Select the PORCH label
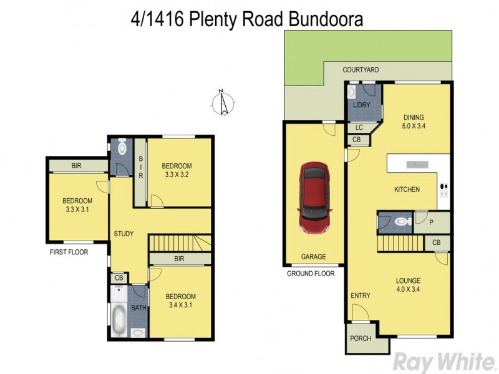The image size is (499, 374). [361, 338]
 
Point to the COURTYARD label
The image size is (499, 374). [361, 70]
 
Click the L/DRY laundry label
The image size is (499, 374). [361, 105]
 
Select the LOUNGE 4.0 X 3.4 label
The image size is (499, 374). [407, 285]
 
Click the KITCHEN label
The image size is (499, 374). [407, 189]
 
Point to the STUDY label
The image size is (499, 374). [124, 234]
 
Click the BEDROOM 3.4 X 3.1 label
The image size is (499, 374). [180, 300]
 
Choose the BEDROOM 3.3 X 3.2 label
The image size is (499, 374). [177, 170]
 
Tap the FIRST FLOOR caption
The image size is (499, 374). [69, 252]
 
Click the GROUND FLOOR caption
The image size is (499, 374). [311, 274]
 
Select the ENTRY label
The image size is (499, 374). [361, 295]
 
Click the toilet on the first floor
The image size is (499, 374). [122, 148]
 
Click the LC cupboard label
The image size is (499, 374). [359, 128]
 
